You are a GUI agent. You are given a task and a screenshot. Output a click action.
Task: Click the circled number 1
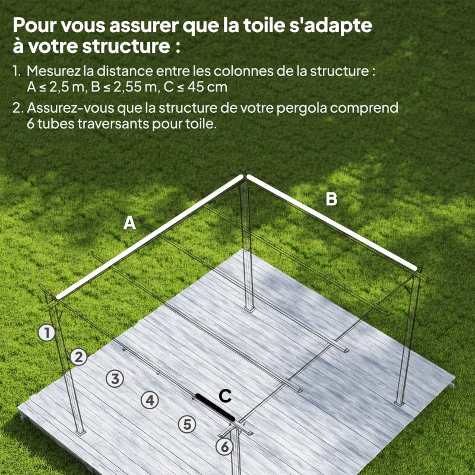(x=46, y=332)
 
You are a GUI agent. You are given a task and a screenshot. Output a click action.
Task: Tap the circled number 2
(x=78, y=357)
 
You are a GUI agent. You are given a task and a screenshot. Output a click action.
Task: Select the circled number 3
(x=115, y=378)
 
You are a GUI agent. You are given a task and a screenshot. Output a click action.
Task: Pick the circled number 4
(x=150, y=400)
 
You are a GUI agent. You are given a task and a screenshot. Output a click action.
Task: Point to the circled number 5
(x=187, y=424)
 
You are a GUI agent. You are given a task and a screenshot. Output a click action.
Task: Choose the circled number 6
(x=224, y=447)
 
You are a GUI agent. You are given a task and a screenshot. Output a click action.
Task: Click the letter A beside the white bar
(x=129, y=223)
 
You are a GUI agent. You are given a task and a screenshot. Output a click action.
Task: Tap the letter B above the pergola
(x=331, y=199)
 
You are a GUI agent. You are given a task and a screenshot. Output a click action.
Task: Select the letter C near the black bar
(x=225, y=395)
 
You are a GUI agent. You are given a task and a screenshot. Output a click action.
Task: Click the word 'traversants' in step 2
(x=120, y=125)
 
